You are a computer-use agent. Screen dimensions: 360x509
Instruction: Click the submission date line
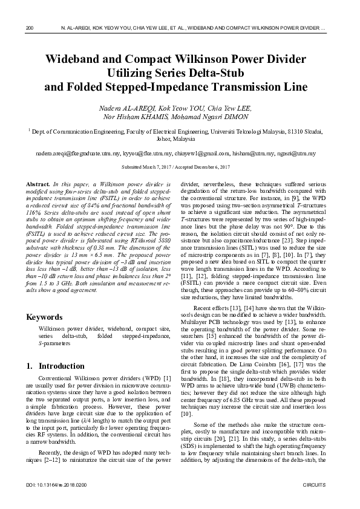point(180,166)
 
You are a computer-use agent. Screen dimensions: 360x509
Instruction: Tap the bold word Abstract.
point(39,183)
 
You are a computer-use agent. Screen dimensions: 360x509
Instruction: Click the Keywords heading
point(45,317)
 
